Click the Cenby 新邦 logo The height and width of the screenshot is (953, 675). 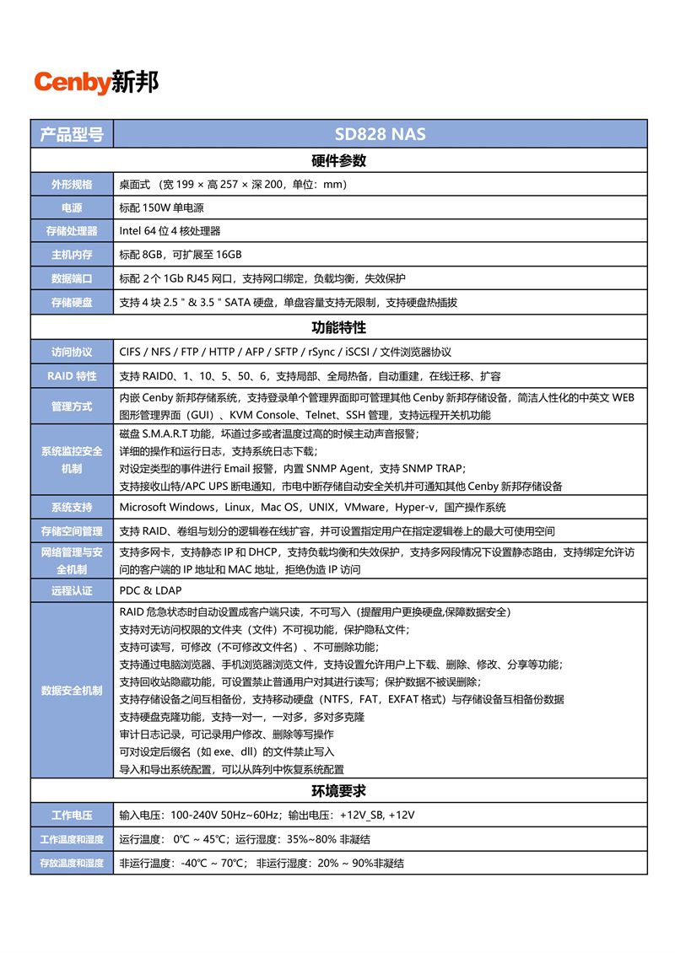[x=95, y=83]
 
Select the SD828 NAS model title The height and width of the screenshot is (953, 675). [x=380, y=134]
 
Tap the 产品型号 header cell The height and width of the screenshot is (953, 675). [x=72, y=134]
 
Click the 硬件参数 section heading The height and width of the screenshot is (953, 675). [x=338, y=161]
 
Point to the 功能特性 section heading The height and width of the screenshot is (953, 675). [x=338, y=327]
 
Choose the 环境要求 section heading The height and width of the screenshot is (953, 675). [x=338, y=791]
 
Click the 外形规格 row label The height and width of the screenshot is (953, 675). [x=72, y=185]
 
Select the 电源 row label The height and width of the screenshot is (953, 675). [x=72, y=207]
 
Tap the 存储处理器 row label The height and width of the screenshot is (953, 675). [x=72, y=231]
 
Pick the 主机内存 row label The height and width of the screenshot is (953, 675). [x=72, y=255]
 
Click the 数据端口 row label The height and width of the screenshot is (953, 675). [x=72, y=278]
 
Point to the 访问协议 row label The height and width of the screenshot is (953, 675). [x=72, y=352]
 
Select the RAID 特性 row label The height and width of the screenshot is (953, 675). [x=72, y=376]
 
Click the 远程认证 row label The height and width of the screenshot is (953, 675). [x=72, y=590]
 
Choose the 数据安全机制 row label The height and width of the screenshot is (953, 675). [x=72, y=691]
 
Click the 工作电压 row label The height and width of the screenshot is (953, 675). [x=72, y=816]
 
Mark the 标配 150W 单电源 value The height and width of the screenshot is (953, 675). [x=161, y=207]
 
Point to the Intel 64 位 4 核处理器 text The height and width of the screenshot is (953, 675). [x=170, y=231]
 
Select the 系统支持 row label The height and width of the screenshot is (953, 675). [x=72, y=507]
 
